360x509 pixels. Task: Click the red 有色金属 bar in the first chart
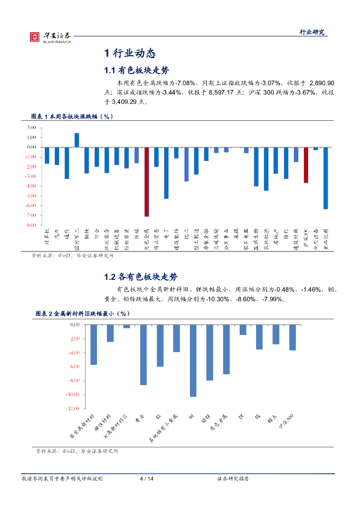147,181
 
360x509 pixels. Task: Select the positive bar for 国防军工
77,140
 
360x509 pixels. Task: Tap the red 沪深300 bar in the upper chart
306,165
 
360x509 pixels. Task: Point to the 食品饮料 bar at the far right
326,178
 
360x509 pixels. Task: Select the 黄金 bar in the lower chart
143,354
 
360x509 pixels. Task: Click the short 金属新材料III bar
127,326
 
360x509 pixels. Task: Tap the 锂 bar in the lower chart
243,330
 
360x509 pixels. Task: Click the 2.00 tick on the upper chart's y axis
31,128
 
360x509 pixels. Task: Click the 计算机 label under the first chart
46,238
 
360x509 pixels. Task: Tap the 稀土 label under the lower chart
272,419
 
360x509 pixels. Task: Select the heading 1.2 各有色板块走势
141,277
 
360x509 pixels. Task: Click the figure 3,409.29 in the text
125,101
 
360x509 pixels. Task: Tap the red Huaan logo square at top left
34,37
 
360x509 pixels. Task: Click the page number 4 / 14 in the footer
147,479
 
